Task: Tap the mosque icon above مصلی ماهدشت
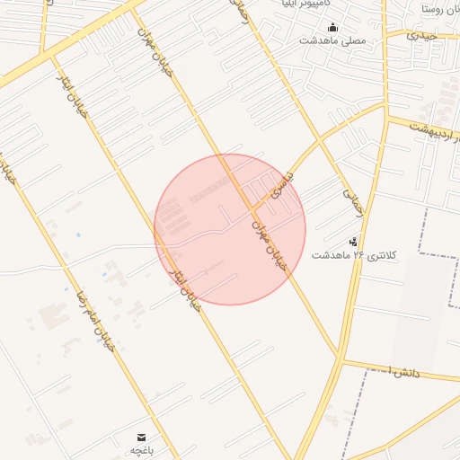point(332,27)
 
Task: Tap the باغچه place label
point(143,449)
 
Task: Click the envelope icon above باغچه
point(143,436)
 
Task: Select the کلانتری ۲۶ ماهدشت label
point(353,255)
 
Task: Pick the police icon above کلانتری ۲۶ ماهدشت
point(353,241)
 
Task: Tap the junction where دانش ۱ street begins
point(342,361)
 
